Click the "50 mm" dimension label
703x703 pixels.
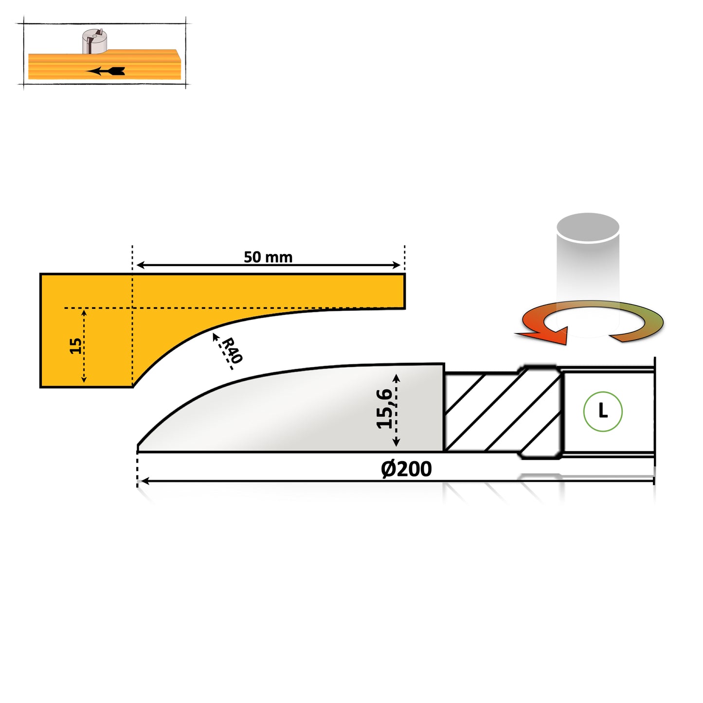tap(268, 257)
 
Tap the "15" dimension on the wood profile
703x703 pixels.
tap(75, 346)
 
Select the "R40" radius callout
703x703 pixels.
tap(232, 350)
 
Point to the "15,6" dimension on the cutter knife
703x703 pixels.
tap(384, 409)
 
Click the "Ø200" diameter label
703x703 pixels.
tap(406, 469)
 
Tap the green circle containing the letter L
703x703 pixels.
tap(603, 412)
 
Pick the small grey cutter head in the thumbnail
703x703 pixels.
tap(94, 41)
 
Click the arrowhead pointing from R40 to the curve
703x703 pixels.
tap(215, 336)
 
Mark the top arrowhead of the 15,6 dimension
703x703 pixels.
tap(396, 378)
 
